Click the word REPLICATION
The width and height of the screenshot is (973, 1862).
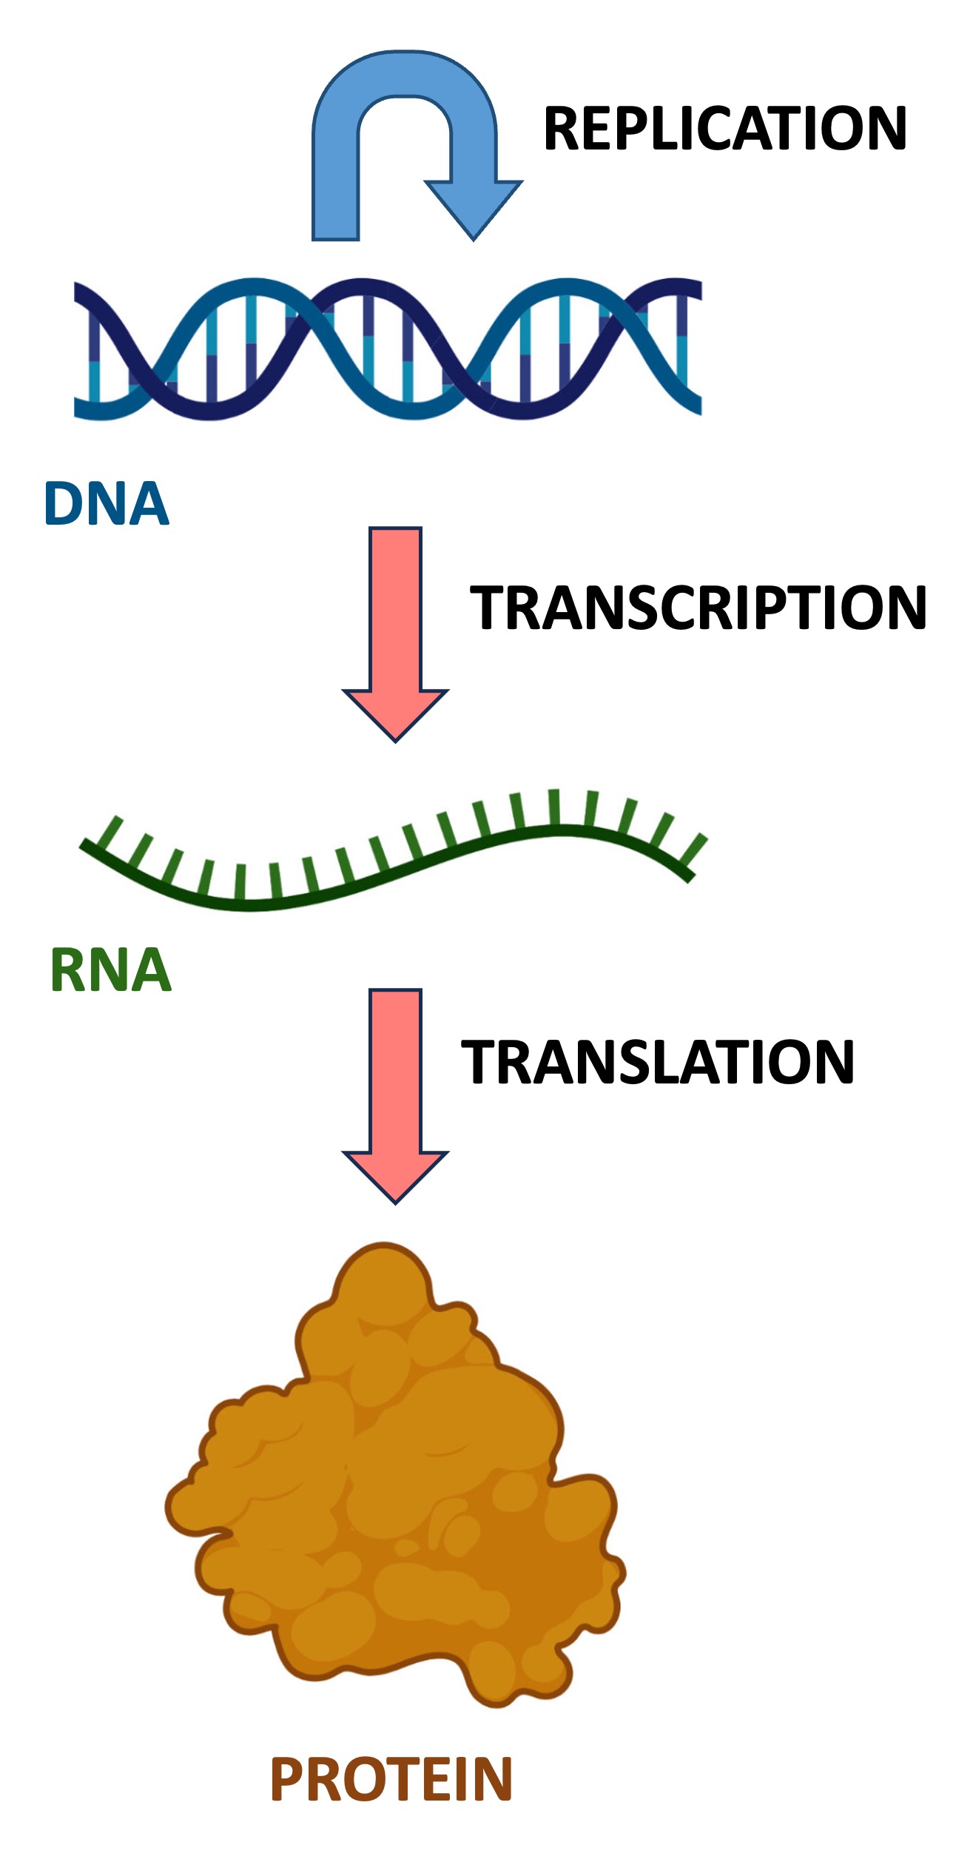tap(724, 128)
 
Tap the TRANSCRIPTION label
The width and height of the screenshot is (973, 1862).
tap(698, 608)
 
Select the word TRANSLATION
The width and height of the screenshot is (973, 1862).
tap(658, 1062)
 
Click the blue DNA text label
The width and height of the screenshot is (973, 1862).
tap(107, 504)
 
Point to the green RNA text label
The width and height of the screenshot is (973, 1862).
tap(111, 970)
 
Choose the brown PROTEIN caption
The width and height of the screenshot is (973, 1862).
tap(391, 1779)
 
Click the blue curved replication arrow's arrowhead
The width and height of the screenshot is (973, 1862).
tap(474, 208)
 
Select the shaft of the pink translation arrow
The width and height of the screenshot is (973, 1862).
tap(396, 1070)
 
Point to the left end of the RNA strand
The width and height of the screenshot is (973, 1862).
tap(86, 844)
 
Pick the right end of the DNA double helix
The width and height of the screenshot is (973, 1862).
tap(696, 348)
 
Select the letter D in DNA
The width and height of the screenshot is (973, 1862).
tap(64, 504)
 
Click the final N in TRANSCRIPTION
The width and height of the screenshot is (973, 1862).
tap(904, 608)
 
